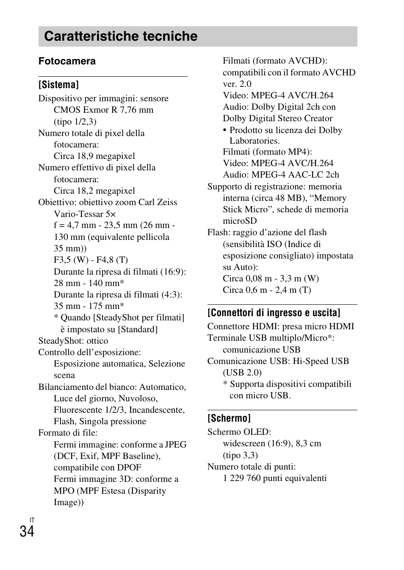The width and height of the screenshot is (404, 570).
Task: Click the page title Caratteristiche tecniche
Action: [x=121, y=36]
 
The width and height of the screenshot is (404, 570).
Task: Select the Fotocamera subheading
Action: [x=67, y=61]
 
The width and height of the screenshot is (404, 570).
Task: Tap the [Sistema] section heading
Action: [x=58, y=85]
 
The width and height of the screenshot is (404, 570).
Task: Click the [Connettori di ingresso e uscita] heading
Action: [x=274, y=313]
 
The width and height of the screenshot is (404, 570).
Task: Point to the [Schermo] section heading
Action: [x=229, y=418]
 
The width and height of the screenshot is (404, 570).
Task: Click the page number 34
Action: [x=27, y=531]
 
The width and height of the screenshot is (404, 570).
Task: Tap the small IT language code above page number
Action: [x=32, y=520]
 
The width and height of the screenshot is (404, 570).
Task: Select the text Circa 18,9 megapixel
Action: [x=94, y=156]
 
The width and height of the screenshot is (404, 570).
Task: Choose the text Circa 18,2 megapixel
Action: [x=94, y=191]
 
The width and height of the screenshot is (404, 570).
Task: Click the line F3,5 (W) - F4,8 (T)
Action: [x=91, y=260]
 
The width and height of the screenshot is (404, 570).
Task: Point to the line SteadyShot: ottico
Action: [x=73, y=341]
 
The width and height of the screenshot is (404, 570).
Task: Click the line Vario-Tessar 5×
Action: [x=85, y=214]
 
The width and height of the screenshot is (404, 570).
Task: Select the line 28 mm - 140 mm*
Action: [x=89, y=283]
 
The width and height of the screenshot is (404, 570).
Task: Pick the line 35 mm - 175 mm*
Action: [x=89, y=306]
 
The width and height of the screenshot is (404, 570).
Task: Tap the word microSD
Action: [x=240, y=221]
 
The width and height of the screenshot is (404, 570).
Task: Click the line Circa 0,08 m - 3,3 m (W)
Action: [x=271, y=278]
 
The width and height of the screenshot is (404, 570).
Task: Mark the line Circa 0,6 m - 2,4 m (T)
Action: [x=267, y=290]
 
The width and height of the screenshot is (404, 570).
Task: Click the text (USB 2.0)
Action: [x=242, y=373]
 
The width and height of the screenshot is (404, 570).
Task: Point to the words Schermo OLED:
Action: [x=239, y=432]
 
